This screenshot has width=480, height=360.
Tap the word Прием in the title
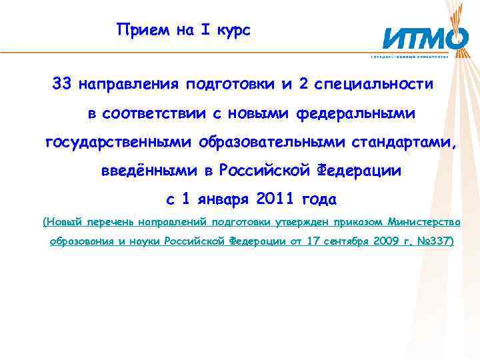[x=137, y=30]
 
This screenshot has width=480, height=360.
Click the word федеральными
[x=359, y=113]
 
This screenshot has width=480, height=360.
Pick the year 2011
[x=274, y=199]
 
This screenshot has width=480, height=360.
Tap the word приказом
[x=357, y=221]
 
